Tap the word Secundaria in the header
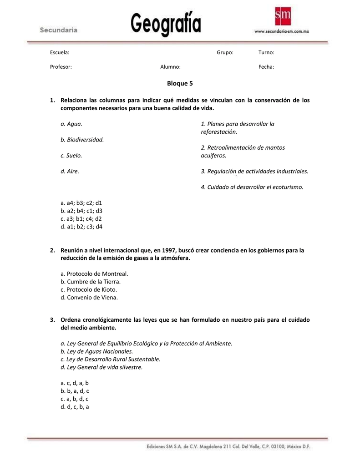[x=59, y=30]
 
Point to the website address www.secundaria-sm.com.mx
[x=282, y=32]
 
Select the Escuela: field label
[x=60, y=53]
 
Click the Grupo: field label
[x=225, y=53]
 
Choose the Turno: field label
[x=266, y=53]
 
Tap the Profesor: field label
[x=61, y=67]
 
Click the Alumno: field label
[x=170, y=67]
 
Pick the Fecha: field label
[x=266, y=67]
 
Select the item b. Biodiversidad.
[x=82, y=139]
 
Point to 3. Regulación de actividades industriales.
[x=254, y=171]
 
